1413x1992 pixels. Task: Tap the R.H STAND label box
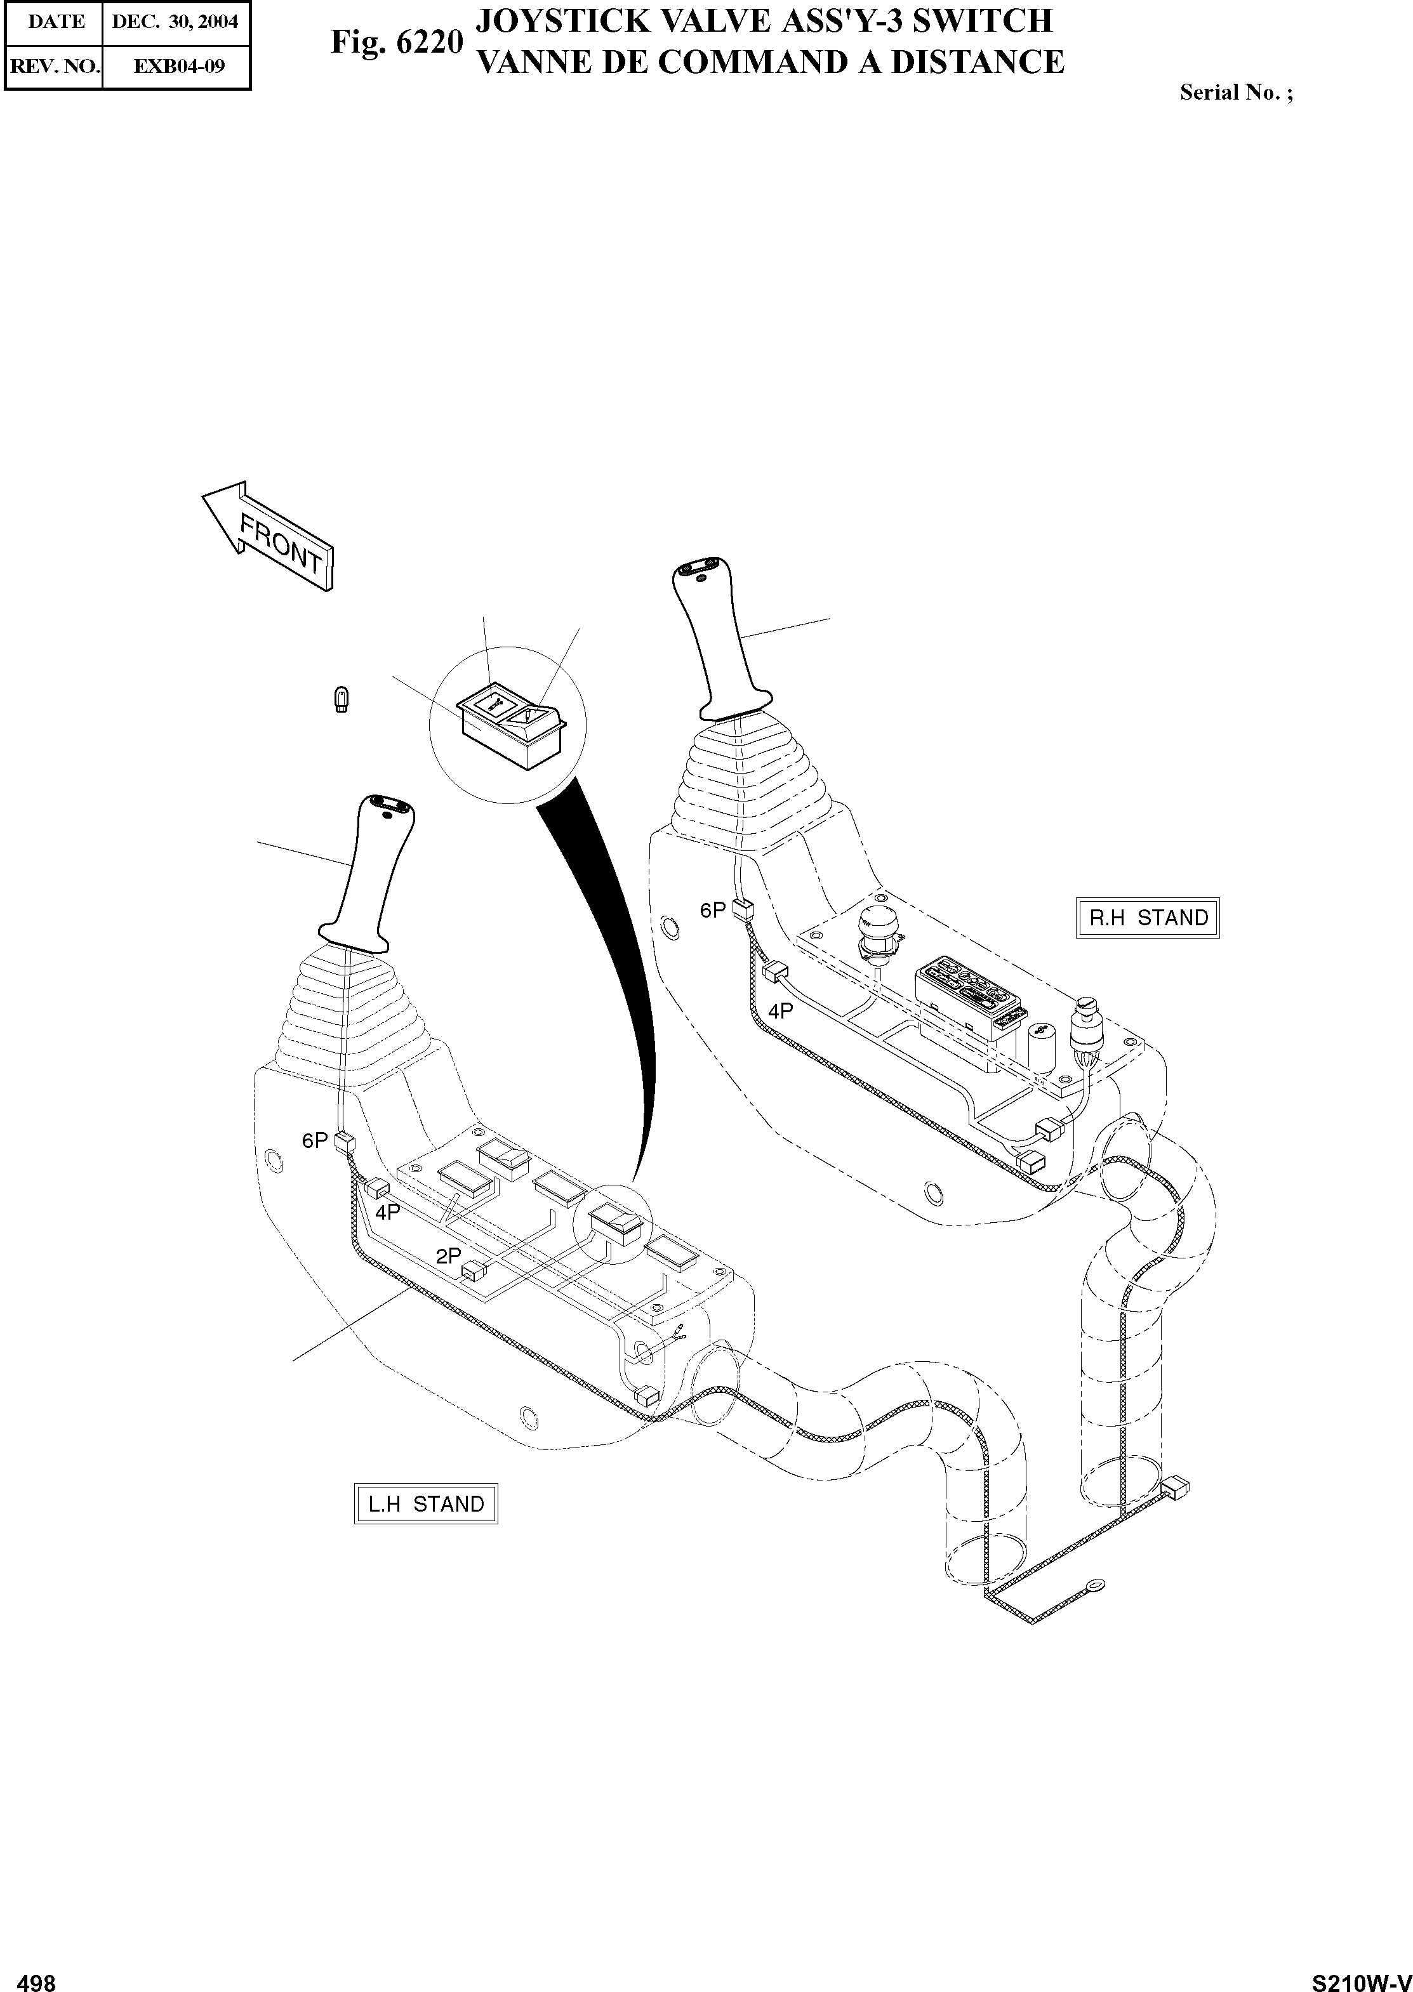click(1148, 918)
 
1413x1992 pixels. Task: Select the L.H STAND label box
click(425, 1504)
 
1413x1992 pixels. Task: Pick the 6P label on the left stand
click(315, 1140)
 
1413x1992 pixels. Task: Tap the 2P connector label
click(448, 1256)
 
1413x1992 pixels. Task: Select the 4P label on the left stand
click(388, 1211)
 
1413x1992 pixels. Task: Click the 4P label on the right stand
click(781, 1011)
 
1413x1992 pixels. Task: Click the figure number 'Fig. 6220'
click(396, 42)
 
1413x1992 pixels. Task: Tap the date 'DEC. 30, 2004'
click(175, 22)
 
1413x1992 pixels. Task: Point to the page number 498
click(37, 1976)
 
